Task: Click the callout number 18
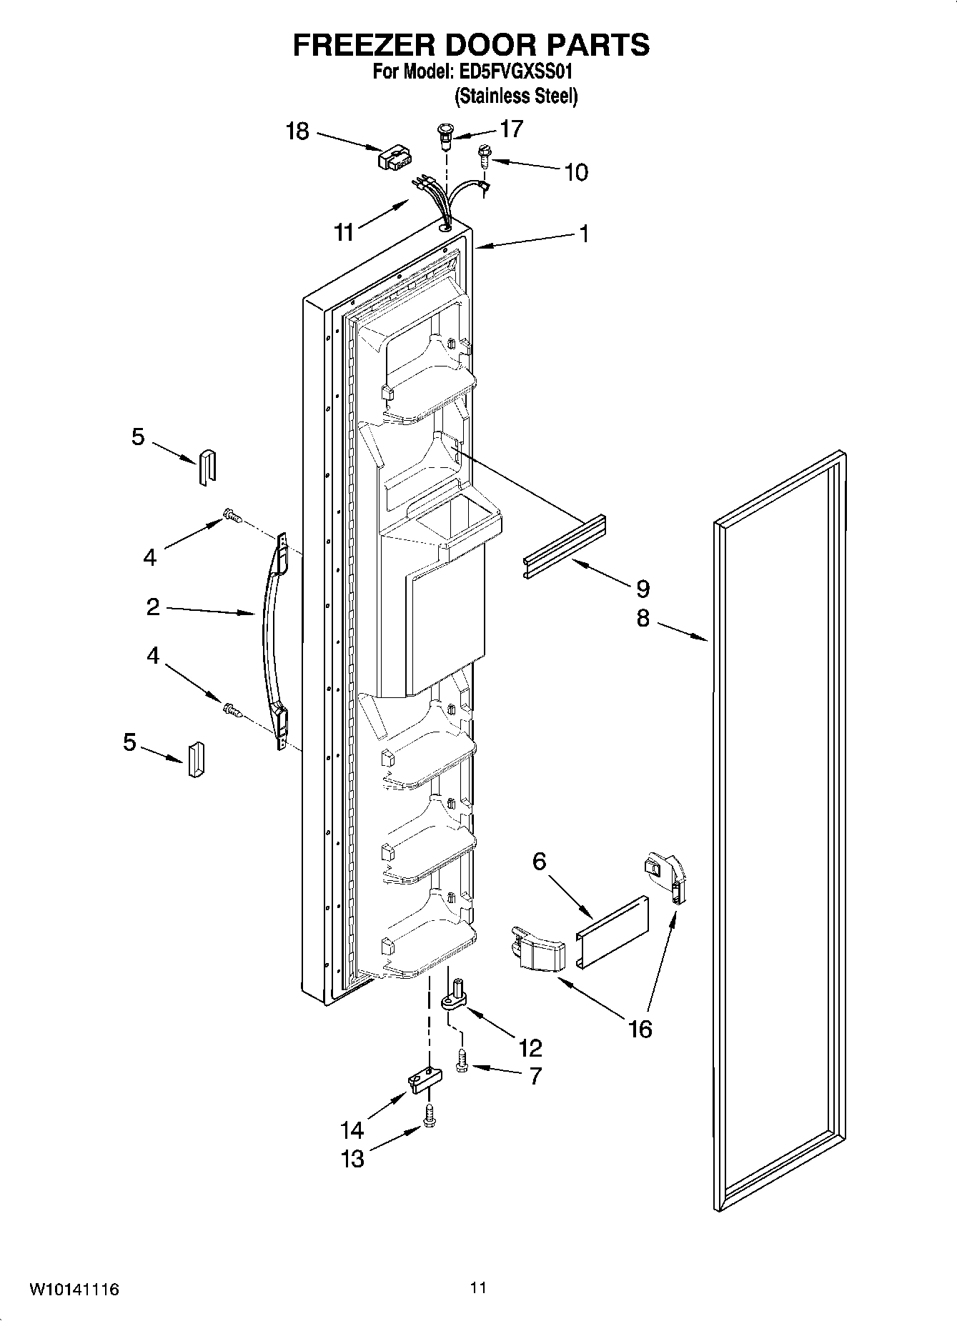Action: [297, 131]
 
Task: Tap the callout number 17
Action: [512, 129]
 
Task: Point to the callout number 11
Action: [344, 232]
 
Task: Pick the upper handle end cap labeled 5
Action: [207, 467]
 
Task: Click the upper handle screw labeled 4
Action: [232, 515]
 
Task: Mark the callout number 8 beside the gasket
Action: [643, 618]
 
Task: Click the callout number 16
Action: [640, 1029]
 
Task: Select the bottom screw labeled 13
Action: [429, 1116]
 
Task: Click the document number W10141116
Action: [74, 1290]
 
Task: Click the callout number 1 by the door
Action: [584, 234]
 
